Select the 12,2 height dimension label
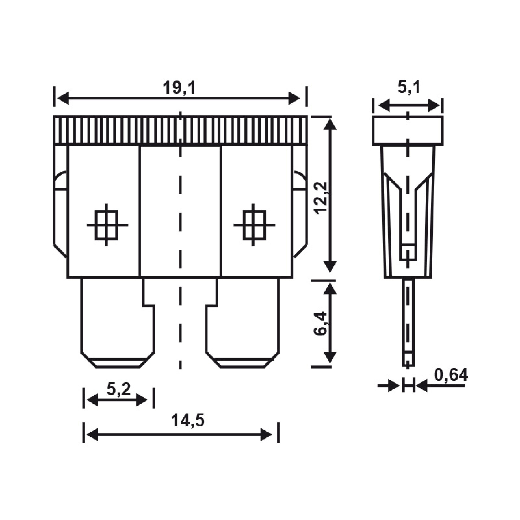pos(321,198)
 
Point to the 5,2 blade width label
pos(118,389)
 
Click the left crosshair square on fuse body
pos(106,225)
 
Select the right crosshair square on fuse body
pos(254,225)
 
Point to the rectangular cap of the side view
pos(408,131)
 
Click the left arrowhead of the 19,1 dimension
pos(63,98)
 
